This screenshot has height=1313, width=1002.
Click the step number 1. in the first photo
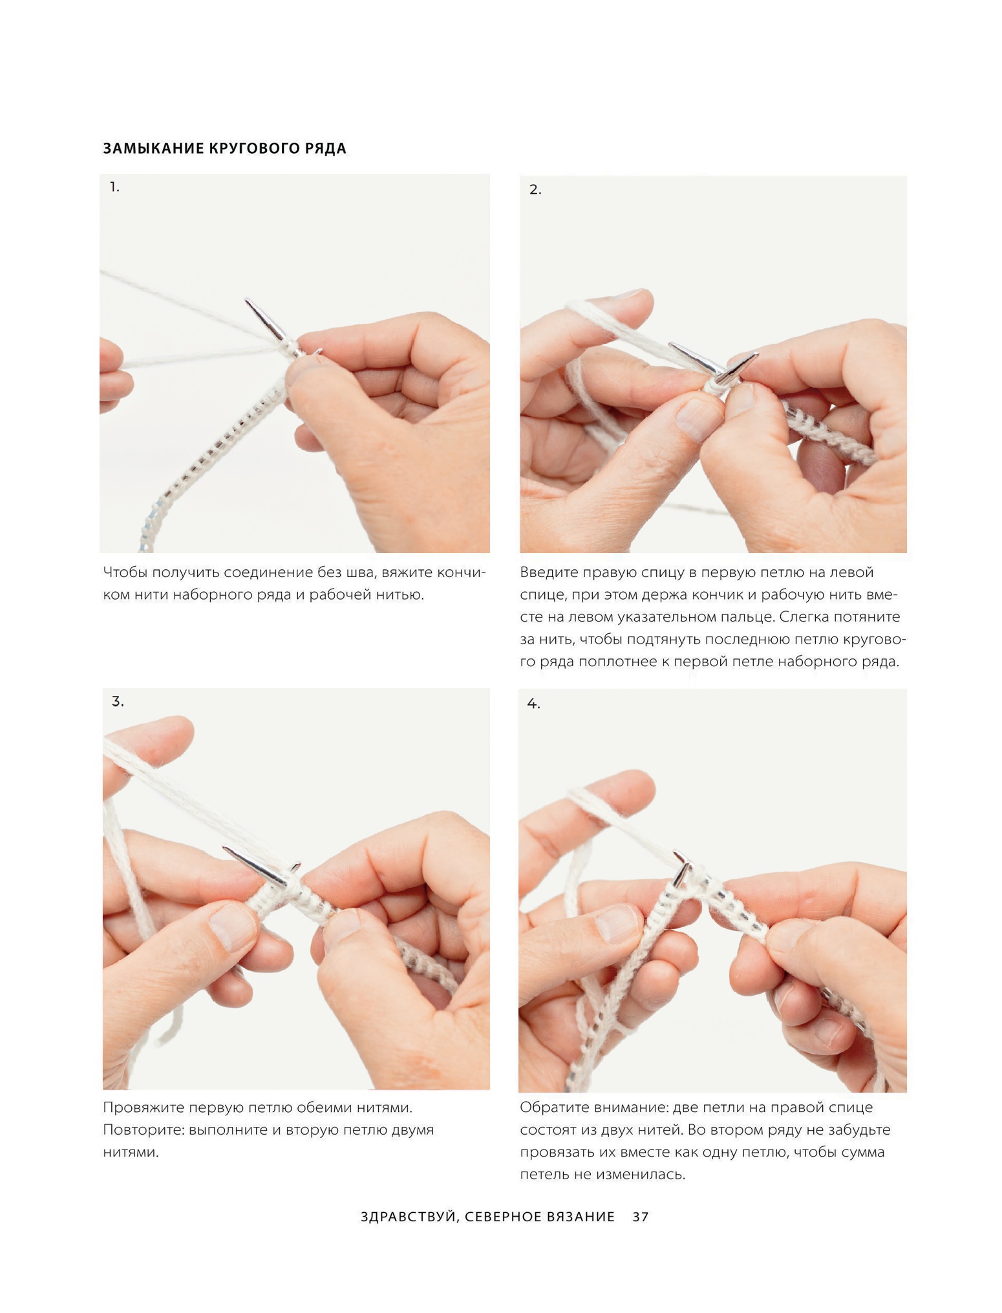pyautogui.click(x=114, y=187)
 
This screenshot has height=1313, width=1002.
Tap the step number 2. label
pyautogui.click(x=535, y=190)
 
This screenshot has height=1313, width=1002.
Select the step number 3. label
pyautogui.click(x=118, y=701)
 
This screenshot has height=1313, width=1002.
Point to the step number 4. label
pyautogui.click(x=533, y=704)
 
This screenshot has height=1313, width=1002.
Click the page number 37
pyautogui.click(x=640, y=1217)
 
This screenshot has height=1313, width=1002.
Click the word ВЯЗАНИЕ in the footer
pyautogui.click(x=581, y=1217)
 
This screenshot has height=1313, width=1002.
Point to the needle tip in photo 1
pyautogui.click(x=247, y=300)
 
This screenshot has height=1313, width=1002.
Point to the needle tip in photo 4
pyautogui.click(x=676, y=853)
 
